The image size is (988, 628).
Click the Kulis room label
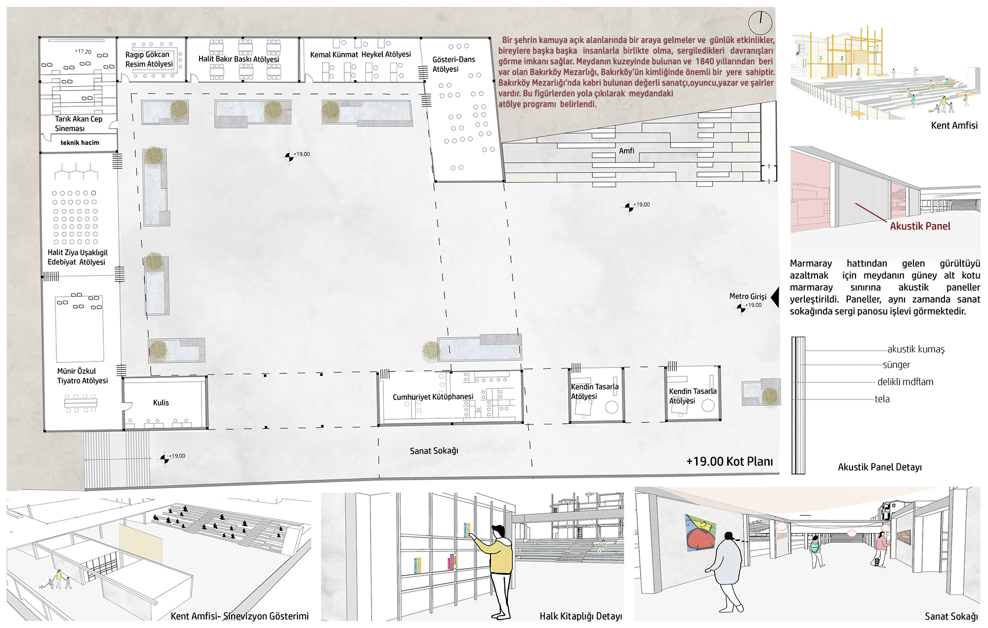[x=161, y=403]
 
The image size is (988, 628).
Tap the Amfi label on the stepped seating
[x=626, y=151]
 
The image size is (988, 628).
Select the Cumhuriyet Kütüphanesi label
[x=433, y=397]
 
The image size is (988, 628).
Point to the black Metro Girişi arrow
[x=775, y=297]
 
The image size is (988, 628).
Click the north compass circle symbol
[x=760, y=23]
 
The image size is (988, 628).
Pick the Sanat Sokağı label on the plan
[x=434, y=451]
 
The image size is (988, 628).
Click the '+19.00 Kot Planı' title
[x=730, y=461]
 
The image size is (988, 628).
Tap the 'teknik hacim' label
[x=80, y=142]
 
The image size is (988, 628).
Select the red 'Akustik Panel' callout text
[x=920, y=226]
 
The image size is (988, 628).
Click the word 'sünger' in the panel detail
[x=896, y=365]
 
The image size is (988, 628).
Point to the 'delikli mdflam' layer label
[x=906, y=382]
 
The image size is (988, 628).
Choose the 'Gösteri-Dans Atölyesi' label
[x=453, y=64]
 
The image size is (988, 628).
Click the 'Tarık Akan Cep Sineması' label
[x=79, y=124]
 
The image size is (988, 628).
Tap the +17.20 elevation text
[x=83, y=51]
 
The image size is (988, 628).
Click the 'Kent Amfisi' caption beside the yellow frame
[x=954, y=126]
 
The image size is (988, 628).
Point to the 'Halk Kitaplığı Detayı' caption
[x=580, y=616]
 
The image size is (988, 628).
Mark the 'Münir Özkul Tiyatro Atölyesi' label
[x=82, y=376]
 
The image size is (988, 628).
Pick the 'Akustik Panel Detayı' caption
[x=880, y=467]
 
